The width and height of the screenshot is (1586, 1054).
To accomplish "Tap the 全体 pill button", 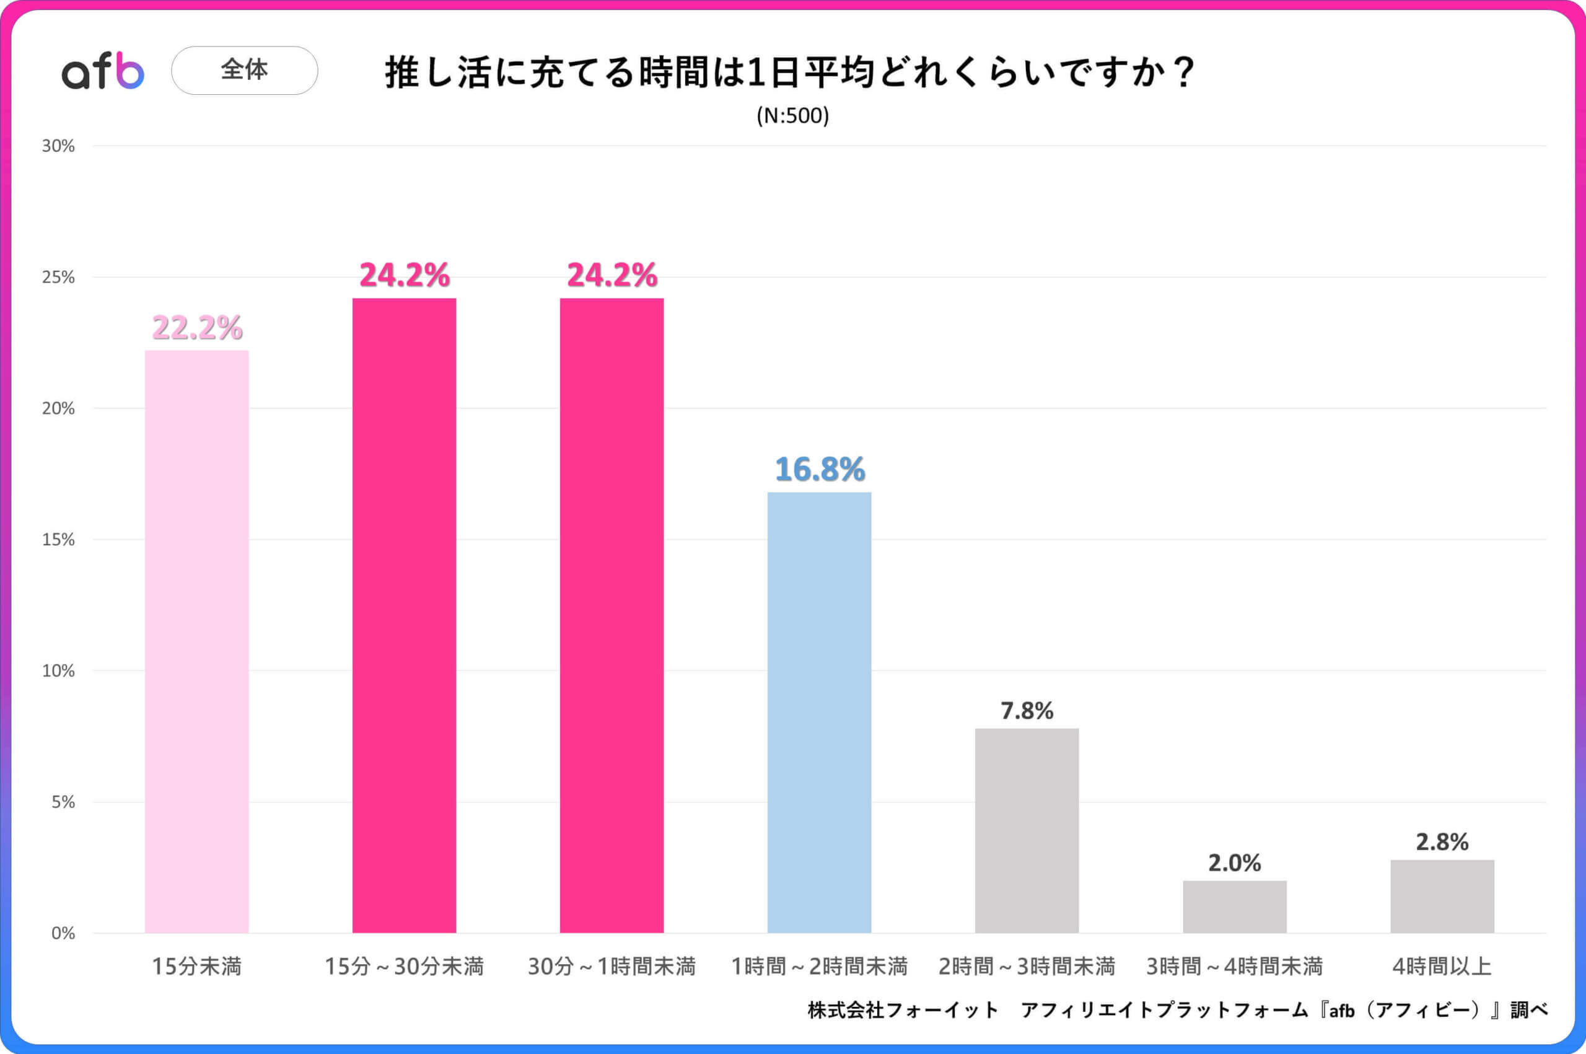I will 245,70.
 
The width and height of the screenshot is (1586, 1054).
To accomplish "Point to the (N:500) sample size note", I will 792,116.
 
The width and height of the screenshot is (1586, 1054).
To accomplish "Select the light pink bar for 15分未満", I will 197,641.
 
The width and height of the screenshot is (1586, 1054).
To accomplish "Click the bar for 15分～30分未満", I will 404,615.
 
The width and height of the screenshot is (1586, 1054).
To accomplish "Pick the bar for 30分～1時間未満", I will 611,615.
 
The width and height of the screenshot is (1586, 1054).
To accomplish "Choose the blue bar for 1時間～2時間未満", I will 819,713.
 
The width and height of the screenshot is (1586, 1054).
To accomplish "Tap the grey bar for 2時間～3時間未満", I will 1027,830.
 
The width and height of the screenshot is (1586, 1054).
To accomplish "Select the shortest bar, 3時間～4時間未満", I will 1235,907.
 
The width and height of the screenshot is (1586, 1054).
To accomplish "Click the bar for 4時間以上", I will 1442,896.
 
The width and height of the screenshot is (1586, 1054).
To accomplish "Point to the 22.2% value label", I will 197,328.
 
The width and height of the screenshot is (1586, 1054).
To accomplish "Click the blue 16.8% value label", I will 819,469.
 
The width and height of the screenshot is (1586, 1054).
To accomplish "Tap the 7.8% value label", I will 1027,711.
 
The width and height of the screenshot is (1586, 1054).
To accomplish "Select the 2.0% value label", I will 1235,863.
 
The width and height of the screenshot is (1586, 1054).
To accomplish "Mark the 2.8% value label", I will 1442,841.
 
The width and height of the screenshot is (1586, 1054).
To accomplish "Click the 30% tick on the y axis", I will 58,146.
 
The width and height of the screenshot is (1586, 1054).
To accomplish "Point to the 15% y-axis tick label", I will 58,540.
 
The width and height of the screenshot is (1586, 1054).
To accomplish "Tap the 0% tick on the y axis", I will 63,933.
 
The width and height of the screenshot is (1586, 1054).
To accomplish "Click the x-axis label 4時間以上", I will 1442,967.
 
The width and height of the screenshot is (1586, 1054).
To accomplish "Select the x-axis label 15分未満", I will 197,967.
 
